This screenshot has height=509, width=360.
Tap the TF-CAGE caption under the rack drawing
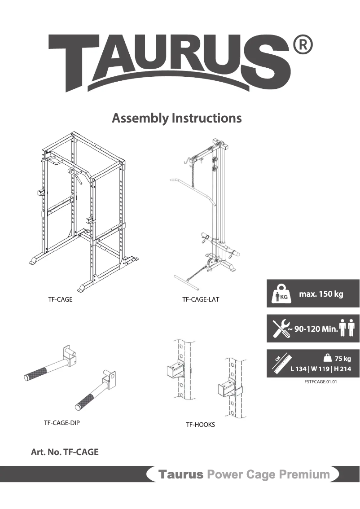coord(60,299)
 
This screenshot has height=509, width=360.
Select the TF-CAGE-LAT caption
coord(201,299)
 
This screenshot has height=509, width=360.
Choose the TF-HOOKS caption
coord(200,425)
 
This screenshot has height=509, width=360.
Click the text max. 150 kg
coord(321,294)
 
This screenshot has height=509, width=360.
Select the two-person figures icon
coord(347,328)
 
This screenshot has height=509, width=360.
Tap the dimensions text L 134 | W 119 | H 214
coord(320,369)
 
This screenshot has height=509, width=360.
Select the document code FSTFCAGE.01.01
coord(320,382)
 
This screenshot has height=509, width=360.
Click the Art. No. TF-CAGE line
coord(65,452)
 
